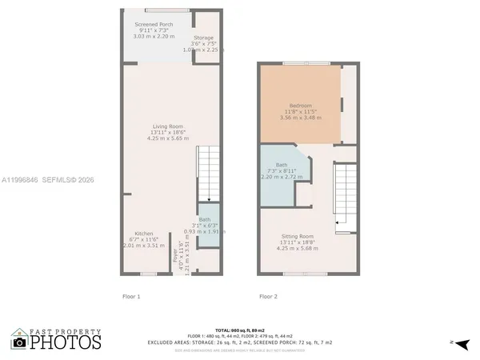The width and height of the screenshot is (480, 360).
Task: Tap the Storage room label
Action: [203, 38]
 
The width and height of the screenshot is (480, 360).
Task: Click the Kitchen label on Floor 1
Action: [144, 234]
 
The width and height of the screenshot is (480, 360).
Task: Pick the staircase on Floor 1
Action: [208, 171]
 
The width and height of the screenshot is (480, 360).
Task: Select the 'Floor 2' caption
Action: [268, 297]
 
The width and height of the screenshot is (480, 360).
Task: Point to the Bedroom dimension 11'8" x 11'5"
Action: [300, 111]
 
